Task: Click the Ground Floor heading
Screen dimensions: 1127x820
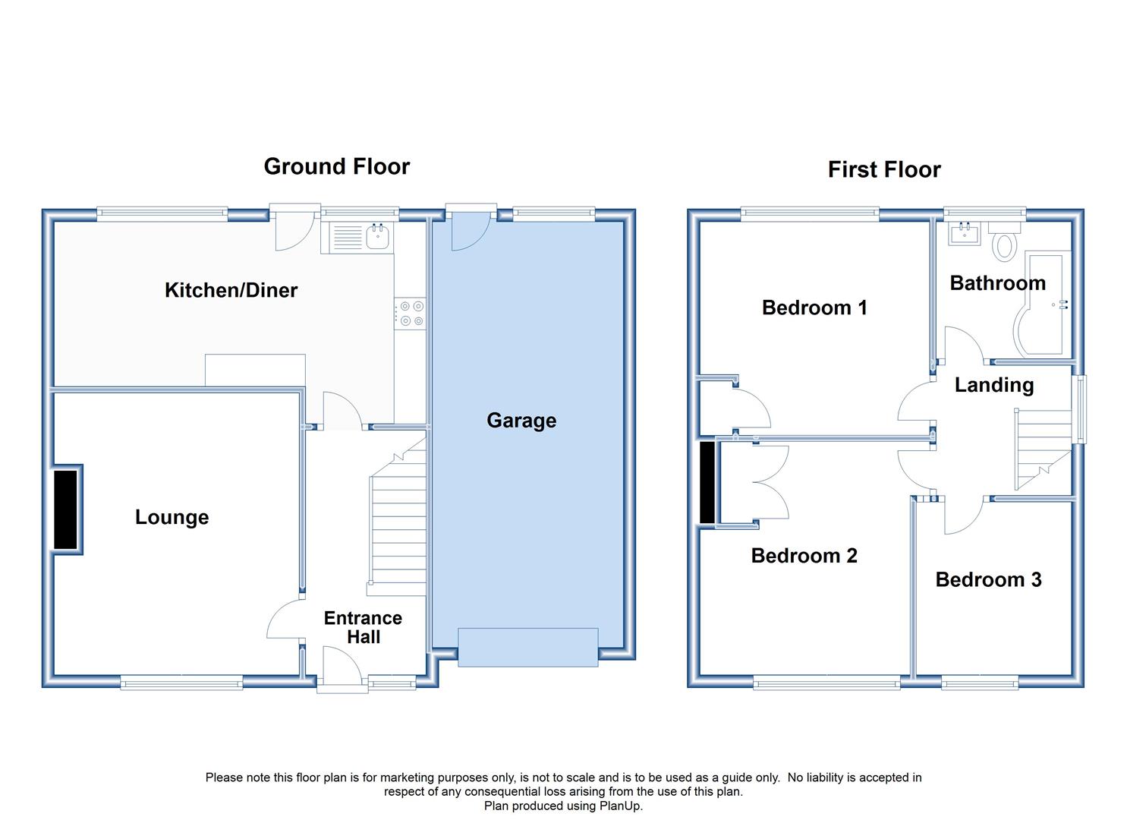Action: (x=337, y=166)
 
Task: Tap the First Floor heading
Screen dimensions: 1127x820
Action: (x=884, y=169)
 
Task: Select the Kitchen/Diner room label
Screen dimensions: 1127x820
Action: (x=231, y=291)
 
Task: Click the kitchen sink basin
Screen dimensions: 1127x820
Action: (x=377, y=237)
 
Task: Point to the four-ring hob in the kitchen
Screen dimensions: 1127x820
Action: (x=410, y=313)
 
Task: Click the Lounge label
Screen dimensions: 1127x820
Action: (x=172, y=517)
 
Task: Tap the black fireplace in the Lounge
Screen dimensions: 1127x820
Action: (x=65, y=509)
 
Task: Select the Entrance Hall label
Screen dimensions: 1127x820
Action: (x=363, y=627)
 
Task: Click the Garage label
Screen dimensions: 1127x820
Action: (x=521, y=421)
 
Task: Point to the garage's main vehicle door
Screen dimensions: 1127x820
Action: (x=527, y=648)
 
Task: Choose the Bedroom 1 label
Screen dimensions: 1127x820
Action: (x=814, y=307)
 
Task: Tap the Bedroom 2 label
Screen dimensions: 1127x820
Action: (x=804, y=556)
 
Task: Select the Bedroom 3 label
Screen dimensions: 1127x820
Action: (x=988, y=579)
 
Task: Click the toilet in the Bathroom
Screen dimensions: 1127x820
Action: (x=1004, y=241)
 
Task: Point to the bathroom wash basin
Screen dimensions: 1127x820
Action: (x=965, y=233)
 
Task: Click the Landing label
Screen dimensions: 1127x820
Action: (x=994, y=385)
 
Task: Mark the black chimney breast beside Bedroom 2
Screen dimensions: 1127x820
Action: (x=707, y=483)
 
